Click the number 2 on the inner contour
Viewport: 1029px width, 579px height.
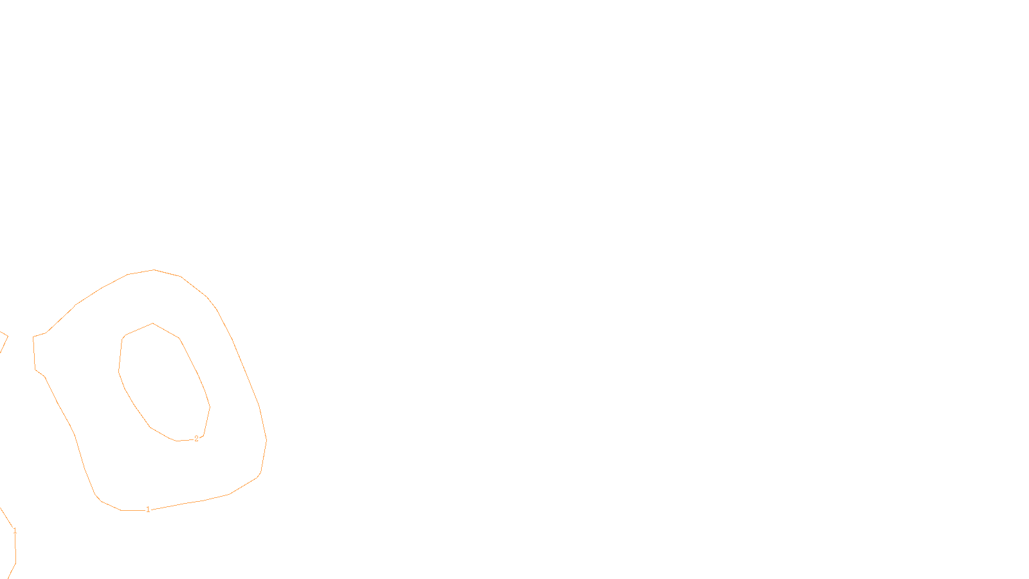[196, 439]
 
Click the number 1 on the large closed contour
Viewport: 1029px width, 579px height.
[148, 510]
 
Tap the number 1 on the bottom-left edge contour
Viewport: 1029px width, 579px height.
[15, 531]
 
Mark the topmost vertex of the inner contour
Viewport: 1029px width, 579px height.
[152, 324]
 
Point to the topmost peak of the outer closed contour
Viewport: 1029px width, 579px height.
[154, 270]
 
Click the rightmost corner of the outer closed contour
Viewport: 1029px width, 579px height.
[266, 441]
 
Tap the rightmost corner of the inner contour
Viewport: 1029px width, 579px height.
[210, 407]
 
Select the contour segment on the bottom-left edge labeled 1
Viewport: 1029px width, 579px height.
[14, 553]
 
